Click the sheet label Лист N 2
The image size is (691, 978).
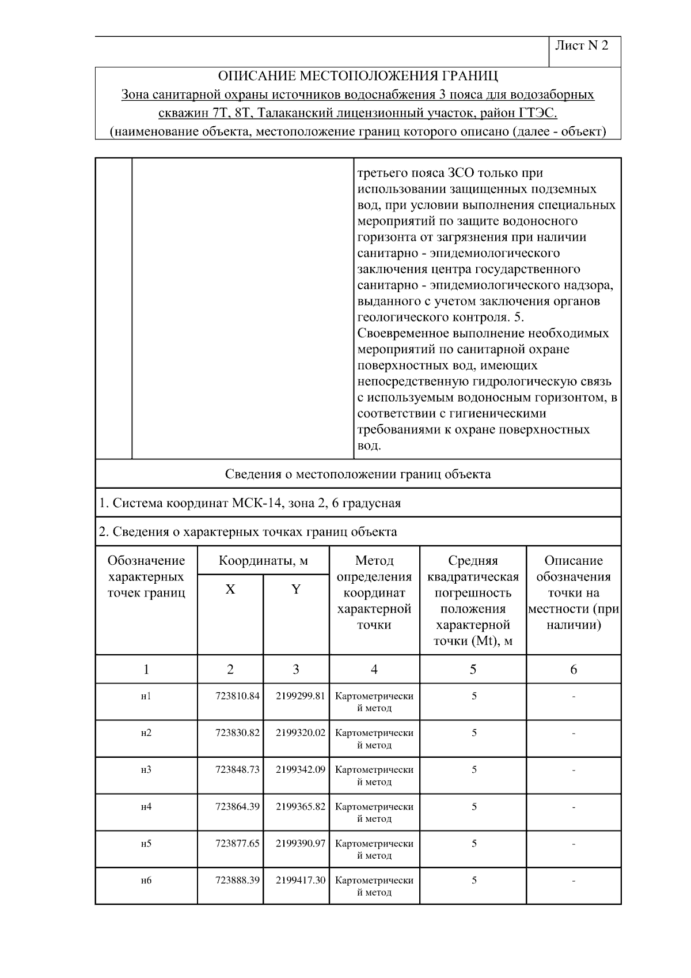tap(582, 46)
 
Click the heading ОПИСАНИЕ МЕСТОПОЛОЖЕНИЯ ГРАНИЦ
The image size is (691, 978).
tap(358, 76)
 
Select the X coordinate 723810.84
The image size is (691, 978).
tap(237, 696)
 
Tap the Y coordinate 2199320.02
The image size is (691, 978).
tap(301, 733)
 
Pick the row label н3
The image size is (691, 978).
tap(146, 770)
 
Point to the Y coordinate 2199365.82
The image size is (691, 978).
tap(301, 807)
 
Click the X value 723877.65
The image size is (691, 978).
tap(237, 844)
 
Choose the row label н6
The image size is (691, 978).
tap(146, 881)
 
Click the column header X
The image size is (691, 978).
tap(230, 590)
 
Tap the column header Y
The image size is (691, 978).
tap(296, 590)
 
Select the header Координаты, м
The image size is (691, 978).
tap(263, 561)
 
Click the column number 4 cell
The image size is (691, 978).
tap(374, 669)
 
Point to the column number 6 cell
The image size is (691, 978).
tap(574, 669)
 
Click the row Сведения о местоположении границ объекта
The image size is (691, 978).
tap(358, 474)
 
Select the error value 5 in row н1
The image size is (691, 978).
tap(474, 696)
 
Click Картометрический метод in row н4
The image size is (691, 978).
tap(374, 813)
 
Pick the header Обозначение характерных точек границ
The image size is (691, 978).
tap(146, 577)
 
